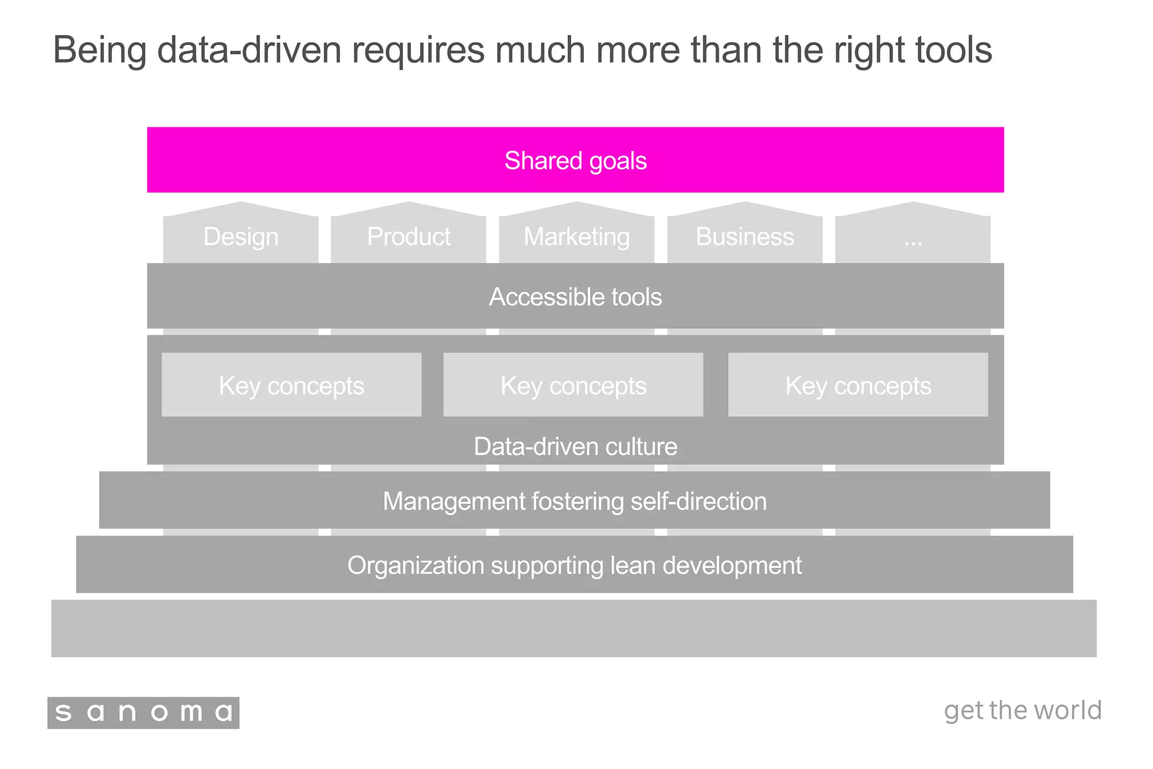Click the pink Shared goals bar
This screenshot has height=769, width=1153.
[575, 160]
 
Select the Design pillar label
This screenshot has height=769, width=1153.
[240, 237]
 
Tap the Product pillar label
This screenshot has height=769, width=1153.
[408, 237]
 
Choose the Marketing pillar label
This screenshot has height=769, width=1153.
[576, 237]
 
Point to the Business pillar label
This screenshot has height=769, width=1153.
[744, 237]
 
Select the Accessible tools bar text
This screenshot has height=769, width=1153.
[575, 297]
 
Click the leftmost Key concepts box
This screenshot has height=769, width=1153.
[291, 385]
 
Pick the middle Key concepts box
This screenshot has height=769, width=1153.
[573, 385]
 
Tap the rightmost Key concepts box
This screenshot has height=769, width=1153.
[857, 385]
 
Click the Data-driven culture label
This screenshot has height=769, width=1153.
[575, 446]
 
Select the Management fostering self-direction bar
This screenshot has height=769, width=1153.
[574, 501]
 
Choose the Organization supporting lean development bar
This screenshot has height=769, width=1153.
[574, 565]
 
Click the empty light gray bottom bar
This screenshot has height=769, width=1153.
[574, 628]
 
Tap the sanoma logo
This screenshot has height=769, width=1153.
[143, 713]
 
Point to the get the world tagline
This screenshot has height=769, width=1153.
[1022, 710]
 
